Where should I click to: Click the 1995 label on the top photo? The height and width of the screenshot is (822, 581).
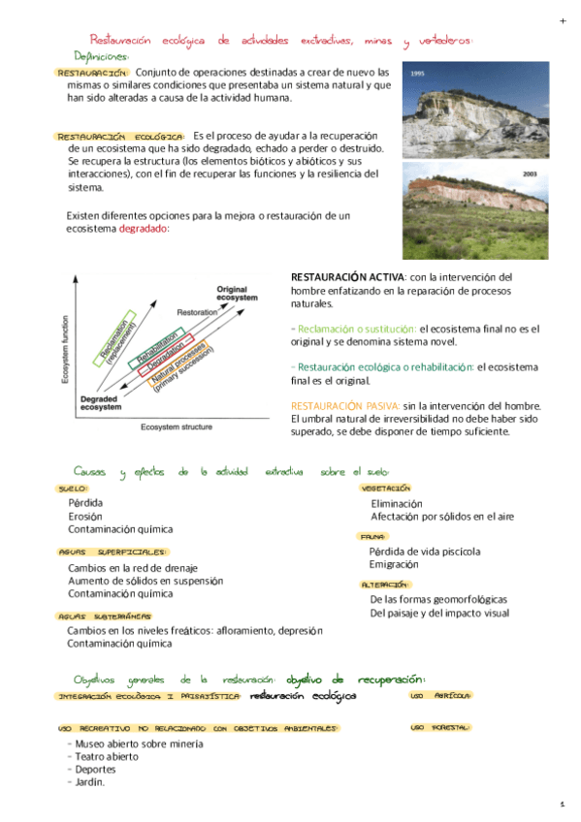(418, 74)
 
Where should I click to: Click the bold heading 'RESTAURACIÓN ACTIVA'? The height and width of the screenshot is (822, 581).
(345, 277)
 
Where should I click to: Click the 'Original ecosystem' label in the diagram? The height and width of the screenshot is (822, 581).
(237, 294)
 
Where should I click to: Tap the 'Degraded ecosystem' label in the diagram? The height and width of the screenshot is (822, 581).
(100, 403)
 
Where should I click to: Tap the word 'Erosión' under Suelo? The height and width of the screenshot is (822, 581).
(85, 517)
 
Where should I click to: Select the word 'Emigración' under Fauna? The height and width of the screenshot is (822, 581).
(394, 564)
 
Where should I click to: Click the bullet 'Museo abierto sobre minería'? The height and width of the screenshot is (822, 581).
(138, 743)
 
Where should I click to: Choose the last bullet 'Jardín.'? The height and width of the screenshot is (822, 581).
(88, 782)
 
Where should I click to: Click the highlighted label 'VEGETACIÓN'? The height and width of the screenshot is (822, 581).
(386, 489)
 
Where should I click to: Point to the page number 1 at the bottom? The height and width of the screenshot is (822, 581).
(562, 805)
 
